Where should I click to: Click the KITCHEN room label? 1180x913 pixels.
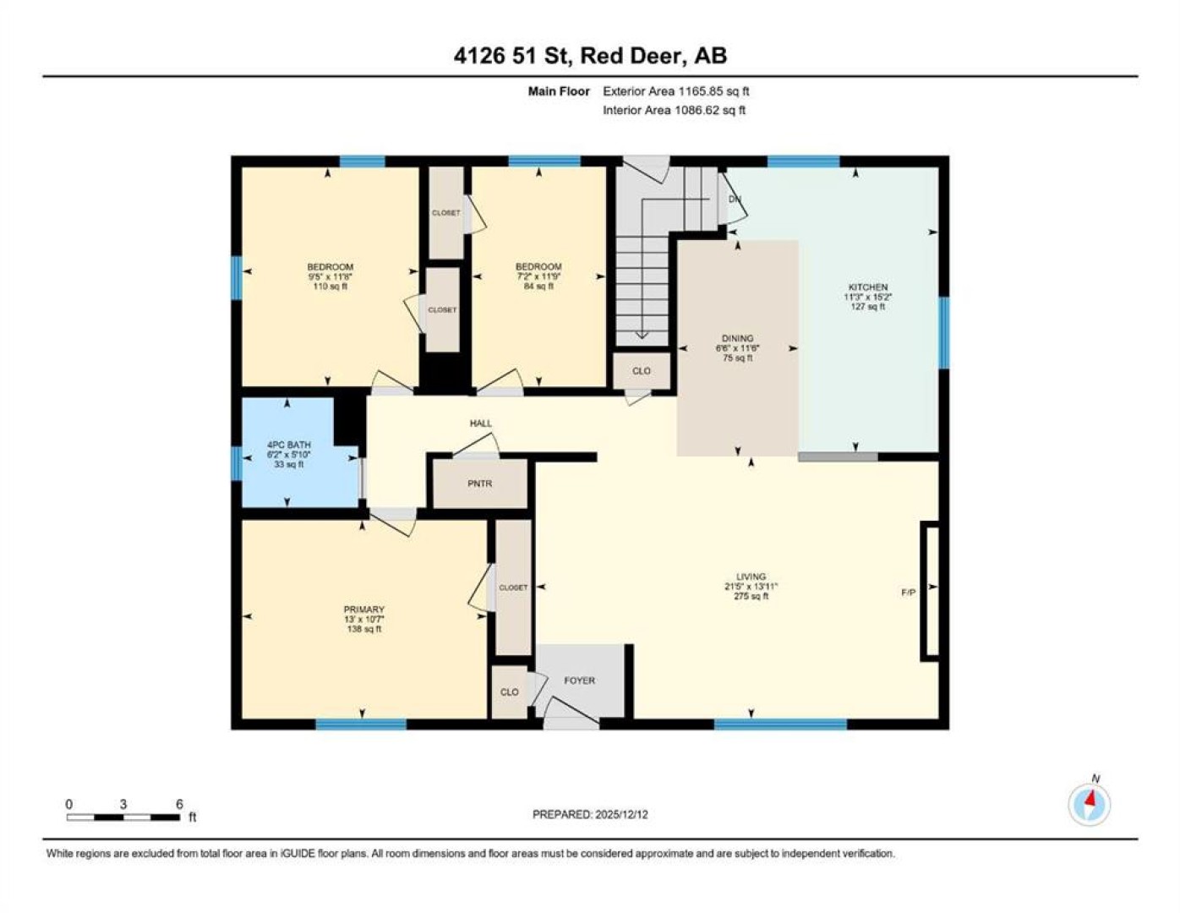868,287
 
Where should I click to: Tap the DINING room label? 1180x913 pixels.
737,338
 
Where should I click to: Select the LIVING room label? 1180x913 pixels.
751,577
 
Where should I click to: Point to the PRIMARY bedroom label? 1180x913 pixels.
363,610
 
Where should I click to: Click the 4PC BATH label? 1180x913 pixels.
289,445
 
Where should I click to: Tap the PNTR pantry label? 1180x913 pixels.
479,484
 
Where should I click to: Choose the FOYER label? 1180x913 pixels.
579,680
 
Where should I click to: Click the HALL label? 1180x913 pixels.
481,423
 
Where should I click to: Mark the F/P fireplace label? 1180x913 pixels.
909,593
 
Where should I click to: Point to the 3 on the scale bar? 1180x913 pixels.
123,804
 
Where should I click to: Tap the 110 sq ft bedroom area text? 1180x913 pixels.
331,287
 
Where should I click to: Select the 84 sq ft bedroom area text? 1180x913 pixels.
538,287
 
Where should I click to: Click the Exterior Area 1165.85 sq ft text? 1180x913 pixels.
676,91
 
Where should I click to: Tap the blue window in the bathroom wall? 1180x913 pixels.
236,463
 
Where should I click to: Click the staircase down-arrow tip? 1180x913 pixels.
642,338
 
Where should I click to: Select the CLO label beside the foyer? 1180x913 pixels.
510,692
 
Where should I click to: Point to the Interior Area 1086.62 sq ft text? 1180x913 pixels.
674,110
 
